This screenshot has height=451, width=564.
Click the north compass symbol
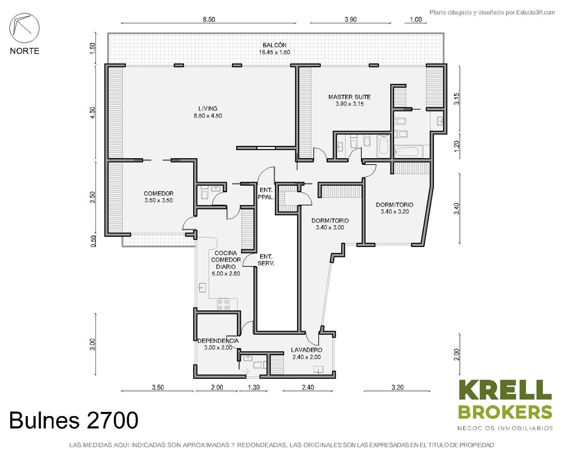(x=24, y=28)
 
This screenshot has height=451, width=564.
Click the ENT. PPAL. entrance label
(x=266, y=194)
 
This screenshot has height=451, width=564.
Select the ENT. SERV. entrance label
(x=266, y=260)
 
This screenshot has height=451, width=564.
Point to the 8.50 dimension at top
(x=209, y=20)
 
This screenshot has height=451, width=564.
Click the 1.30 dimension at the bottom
(x=253, y=387)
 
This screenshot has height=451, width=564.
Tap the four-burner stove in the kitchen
(x=223, y=304)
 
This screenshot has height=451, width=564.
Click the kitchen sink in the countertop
(x=202, y=288)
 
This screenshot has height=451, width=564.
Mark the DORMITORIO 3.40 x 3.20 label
(x=394, y=208)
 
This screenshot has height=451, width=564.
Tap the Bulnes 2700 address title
(x=74, y=420)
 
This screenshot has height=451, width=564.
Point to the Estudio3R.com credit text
(x=492, y=12)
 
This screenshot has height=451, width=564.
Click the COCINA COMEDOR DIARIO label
(x=226, y=263)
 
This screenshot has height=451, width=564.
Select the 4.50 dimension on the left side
(x=92, y=113)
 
